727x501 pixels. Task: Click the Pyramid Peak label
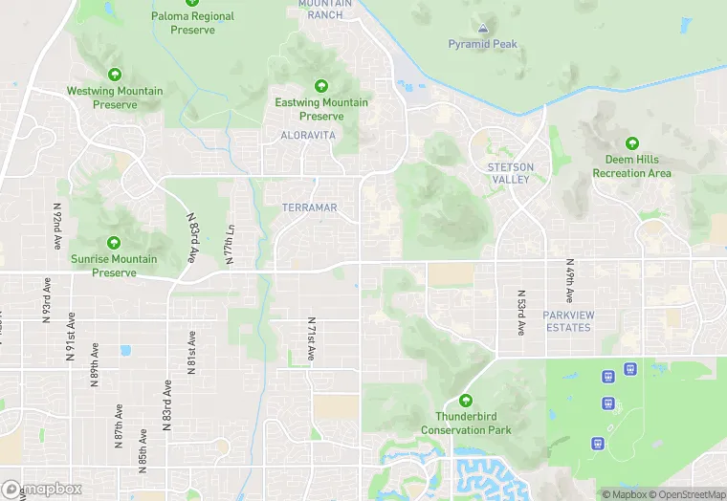(x=482, y=44)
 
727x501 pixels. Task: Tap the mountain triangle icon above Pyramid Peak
(x=483, y=30)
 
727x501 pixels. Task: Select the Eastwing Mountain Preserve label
(x=321, y=109)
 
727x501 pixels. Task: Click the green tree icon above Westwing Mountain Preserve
(x=115, y=75)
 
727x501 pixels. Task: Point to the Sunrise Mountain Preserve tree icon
(x=115, y=242)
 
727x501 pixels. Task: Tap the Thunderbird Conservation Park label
(x=466, y=423)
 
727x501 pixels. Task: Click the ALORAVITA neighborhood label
(x=308, y=136)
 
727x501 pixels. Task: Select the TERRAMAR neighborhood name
(x=310, y=207)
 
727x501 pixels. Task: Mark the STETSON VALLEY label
(x=510, y=173)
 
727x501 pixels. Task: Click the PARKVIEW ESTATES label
(x=567, y=321)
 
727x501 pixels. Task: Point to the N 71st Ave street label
(x=312, y=338)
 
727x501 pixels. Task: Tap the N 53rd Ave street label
(x=521, y=314)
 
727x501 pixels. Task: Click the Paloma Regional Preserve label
(x=192, y=23)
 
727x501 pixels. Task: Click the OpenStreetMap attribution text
(x=689, y=494)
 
